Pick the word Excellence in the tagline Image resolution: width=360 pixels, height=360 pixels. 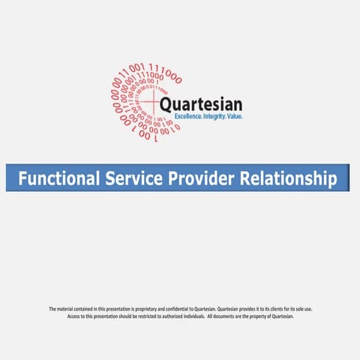[189, 117]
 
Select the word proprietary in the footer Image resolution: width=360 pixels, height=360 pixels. [142, 309]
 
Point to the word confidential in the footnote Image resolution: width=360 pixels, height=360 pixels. [172, 309]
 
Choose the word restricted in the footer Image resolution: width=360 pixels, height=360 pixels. [149, 316]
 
